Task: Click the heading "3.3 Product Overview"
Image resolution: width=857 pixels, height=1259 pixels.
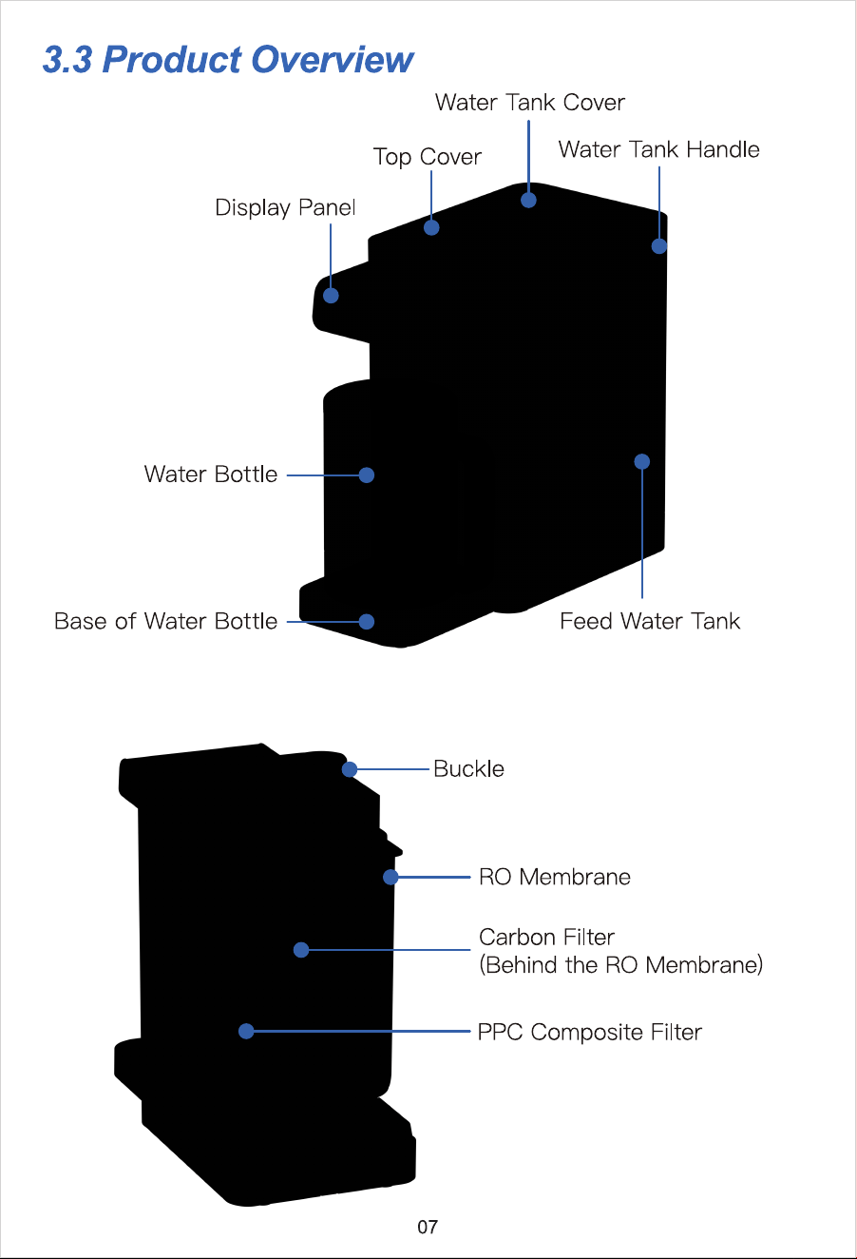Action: (x=228, y=60)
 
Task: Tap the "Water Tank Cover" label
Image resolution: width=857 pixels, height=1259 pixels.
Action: (x=529, y=103)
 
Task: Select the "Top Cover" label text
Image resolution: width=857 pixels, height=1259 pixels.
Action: (x=428, y=158)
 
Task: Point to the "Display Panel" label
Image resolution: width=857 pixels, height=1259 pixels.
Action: (x=285, y=208)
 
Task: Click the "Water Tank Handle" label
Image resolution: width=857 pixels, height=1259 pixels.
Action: (x=658, y=149)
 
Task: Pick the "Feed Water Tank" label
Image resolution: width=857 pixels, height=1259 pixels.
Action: (x=650, y=621)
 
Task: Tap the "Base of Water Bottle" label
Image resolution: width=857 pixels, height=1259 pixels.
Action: (x=165, y=621)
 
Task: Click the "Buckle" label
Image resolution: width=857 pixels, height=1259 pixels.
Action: (x=469, y=769)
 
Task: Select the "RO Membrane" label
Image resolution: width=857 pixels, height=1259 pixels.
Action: (x=555, y=877)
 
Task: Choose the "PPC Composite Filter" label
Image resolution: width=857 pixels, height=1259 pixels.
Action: (x=590, y=1032)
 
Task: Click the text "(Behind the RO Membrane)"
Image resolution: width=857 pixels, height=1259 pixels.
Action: (x=621, y=965)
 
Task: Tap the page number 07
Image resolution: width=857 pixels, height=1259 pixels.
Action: (x=428, y=1227)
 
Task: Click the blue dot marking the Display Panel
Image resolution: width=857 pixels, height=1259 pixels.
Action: (x=331, y=296)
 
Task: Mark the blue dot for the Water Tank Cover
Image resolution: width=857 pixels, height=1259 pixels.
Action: (x=528, y=200)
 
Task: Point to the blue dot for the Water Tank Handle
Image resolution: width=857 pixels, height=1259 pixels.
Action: (x=659, y=246)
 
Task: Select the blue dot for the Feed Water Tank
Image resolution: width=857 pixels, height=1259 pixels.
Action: (x=642, y=462)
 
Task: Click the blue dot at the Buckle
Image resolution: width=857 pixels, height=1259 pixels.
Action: (x=350, y=769)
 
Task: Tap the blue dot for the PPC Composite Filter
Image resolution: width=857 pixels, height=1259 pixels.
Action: (x=246, y=1032)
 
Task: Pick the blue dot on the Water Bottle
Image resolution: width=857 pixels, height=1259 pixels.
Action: (x=367, y=475)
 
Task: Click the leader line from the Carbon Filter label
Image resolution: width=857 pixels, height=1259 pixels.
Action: (x=390, y=950)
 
